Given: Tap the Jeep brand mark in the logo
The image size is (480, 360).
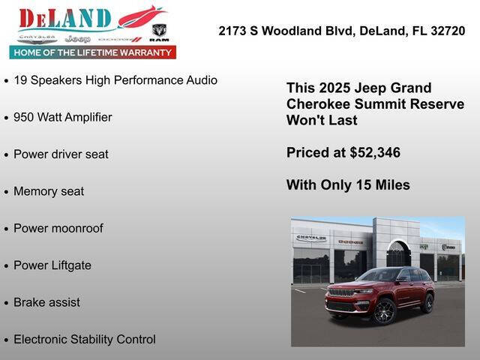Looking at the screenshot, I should coord(77,38).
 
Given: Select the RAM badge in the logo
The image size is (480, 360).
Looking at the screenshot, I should coord(159,33).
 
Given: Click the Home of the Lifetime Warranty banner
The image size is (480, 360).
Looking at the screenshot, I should coord(92,52).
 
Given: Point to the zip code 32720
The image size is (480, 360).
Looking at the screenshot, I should coord(446,31).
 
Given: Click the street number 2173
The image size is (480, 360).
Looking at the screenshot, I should coord(233,31).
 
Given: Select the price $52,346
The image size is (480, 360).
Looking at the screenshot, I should coord(375,152).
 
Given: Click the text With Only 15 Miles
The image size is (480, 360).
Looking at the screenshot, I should coord(348,184).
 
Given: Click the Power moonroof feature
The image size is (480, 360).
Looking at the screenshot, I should coord(58,228).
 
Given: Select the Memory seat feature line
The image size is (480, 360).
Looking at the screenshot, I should coord(49,191).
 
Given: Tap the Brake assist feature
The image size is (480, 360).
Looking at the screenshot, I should coord(46,302).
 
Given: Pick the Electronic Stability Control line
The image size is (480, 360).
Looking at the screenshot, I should coord(84,339).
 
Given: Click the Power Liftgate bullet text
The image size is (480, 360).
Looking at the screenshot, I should coord(52,265).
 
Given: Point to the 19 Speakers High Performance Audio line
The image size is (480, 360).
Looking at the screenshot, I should coord(115,80).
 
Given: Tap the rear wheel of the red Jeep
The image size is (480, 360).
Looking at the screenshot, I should coord(427,303).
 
